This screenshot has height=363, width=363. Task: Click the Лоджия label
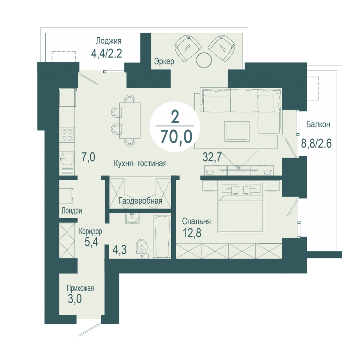click(109, 41)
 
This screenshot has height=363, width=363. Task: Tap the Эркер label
click(164, 62)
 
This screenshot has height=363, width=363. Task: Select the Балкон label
click(318, 125)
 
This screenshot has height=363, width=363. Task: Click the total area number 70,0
click(176, 136)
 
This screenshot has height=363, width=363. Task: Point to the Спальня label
click(196, 221)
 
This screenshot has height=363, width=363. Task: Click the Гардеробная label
click(140, 201)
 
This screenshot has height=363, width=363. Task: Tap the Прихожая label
click(80, 289)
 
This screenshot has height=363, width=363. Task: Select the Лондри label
click(72, 211)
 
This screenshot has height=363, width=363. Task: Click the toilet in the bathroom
click(142, 248)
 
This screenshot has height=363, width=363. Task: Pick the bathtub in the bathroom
click(162, 236)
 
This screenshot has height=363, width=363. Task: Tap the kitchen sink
click(67, 158)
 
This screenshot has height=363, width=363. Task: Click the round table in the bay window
click(204, 60)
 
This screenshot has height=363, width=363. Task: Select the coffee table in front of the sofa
click(237, 132)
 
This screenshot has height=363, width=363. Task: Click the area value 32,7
click(212, 157)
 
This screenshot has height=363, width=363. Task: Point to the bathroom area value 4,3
click(119, 250)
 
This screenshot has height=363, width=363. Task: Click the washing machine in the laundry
click(67, 196)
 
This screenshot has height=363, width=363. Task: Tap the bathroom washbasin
click(132, 218)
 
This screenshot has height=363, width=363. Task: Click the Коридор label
click(90, 231)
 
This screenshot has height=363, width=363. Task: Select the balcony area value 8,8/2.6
click(316, 143)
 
